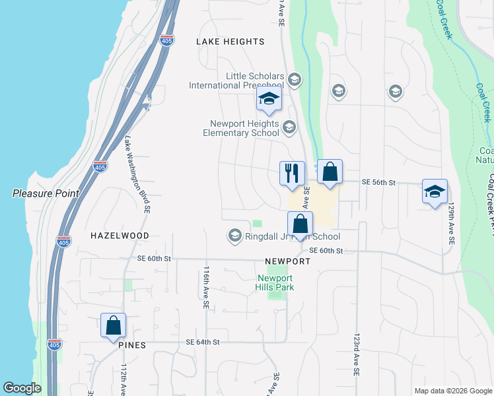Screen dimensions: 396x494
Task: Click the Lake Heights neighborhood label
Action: [230, 42]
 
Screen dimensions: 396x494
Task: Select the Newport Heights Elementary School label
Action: [244, 128]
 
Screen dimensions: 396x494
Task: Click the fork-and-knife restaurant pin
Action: [292, 174]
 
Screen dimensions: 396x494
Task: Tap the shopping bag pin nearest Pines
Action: [113, 325]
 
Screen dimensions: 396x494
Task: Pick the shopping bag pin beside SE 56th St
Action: [330, 172]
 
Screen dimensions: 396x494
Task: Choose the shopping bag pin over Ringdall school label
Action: [300, 224]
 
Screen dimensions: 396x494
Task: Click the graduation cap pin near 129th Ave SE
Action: [435, 191]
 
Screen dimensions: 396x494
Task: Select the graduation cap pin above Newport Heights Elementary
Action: [269, 100]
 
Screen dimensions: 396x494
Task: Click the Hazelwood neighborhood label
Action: [120, 235]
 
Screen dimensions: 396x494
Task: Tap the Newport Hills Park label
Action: [275, 282]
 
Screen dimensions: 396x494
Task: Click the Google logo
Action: [22, 388]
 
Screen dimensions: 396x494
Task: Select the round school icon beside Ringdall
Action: [234, 236]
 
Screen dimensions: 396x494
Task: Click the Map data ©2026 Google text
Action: [452, 391]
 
